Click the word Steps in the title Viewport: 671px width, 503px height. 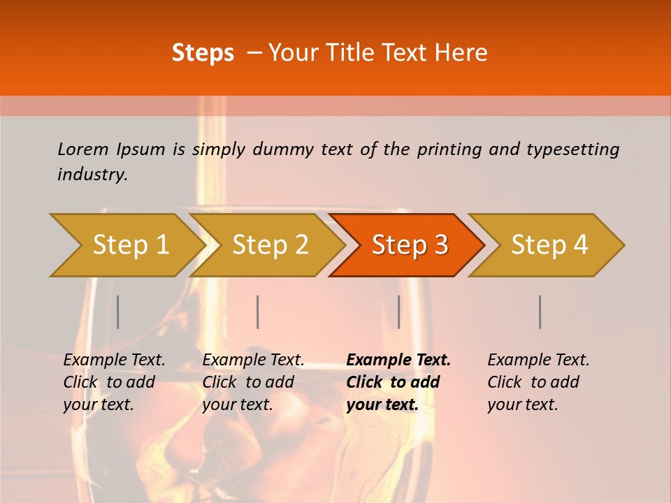tap(203, 53)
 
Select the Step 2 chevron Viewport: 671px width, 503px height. tap(269, 245)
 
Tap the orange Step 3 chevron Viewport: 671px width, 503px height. tap(409, 245)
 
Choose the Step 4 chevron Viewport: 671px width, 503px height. tap(549, 245)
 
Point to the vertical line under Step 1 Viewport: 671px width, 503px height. tap(118, 312)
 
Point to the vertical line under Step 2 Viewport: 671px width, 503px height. tap(258, 312)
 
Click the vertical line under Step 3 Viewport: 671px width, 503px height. tap(398, 312)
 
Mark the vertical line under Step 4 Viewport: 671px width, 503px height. tap(540, 312)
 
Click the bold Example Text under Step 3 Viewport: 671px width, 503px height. tap(398, 360)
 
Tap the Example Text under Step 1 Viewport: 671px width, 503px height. tap(114, 360)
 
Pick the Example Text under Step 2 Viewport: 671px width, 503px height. tap(253, 360)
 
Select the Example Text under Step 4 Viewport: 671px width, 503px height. tap(538, 360)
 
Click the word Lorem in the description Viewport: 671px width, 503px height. tap(82, 150)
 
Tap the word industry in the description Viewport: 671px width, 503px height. tap(92, 175)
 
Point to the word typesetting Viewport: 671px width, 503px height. tap(572, 150)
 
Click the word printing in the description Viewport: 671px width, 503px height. tap(447, 150)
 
